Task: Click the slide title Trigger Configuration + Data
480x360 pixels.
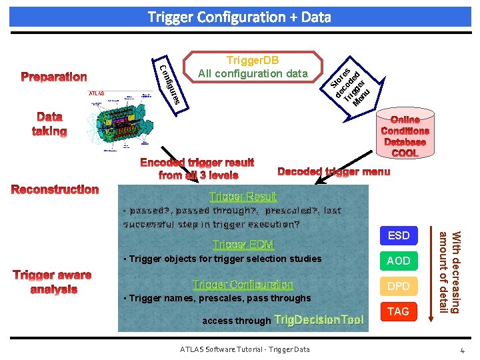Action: [x=239, y=17]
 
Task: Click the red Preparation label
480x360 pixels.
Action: [x=54, y=77]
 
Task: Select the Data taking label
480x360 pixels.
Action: [x=50, y=124]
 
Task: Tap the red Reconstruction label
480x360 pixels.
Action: [x=55, y=189]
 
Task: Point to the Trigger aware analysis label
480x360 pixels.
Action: [x=53, y=282]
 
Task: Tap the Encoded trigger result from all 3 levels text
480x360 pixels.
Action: [x=197, y=169]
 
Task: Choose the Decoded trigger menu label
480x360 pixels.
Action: [x=333, y=172]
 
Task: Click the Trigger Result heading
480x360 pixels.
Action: [x=243, y=197]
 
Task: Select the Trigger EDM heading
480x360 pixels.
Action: [x=243, y=245]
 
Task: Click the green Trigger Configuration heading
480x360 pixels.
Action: [x=243, y=285]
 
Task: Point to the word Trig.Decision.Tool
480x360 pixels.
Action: [x=319, y=320]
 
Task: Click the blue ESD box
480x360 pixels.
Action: [x=398, y=235]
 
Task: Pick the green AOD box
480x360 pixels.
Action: [x=398, y=261]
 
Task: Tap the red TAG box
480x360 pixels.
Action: [x=398, y=311]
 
